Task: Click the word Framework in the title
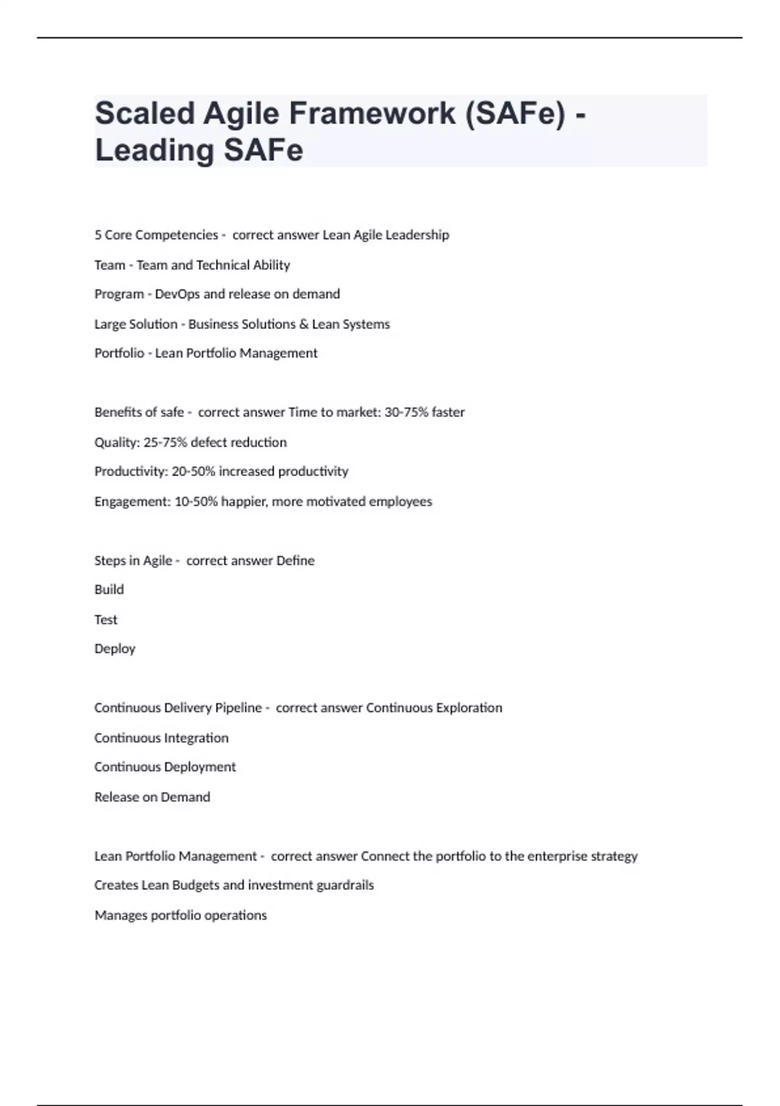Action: coord(372,113)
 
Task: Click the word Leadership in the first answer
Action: coord(417,235)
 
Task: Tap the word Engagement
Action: coord(132,502)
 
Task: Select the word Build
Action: coord(109,589)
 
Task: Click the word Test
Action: coord(106,619)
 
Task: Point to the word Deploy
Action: coord(115,649)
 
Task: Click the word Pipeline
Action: coord(238,708)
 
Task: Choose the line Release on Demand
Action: coord(152,797)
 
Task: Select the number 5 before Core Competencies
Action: coord(98,235)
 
